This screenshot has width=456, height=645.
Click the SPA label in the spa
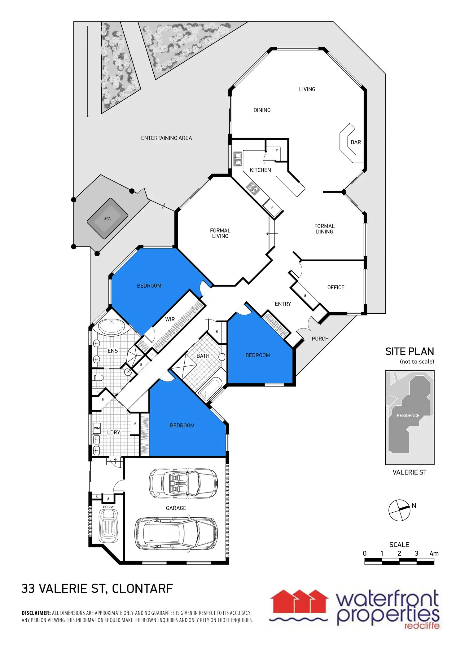[107, 219]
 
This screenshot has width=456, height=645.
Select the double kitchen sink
[238, 159]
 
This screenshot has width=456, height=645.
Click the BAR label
[356, 142]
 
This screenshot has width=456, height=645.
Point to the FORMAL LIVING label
[220, 233]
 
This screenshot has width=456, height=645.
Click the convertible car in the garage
[183, 484]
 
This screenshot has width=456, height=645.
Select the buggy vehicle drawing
[108, 526]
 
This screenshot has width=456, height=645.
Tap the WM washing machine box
[97, 428]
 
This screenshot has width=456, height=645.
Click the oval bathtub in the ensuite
[112, 327]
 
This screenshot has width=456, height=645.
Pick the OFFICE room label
[336, 287]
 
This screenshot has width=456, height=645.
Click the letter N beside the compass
[414, 506]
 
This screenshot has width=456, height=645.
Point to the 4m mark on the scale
[434, 553]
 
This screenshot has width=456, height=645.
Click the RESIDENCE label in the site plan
[408, 415]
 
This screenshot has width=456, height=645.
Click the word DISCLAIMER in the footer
[36, 613]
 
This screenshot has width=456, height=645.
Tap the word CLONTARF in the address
[142, 589]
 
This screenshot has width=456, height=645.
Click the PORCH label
[320, 339]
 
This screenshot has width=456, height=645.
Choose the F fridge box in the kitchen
[272, 208]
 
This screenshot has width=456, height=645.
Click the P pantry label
[277, 150]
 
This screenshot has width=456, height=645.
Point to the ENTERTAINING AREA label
[166, 138]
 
